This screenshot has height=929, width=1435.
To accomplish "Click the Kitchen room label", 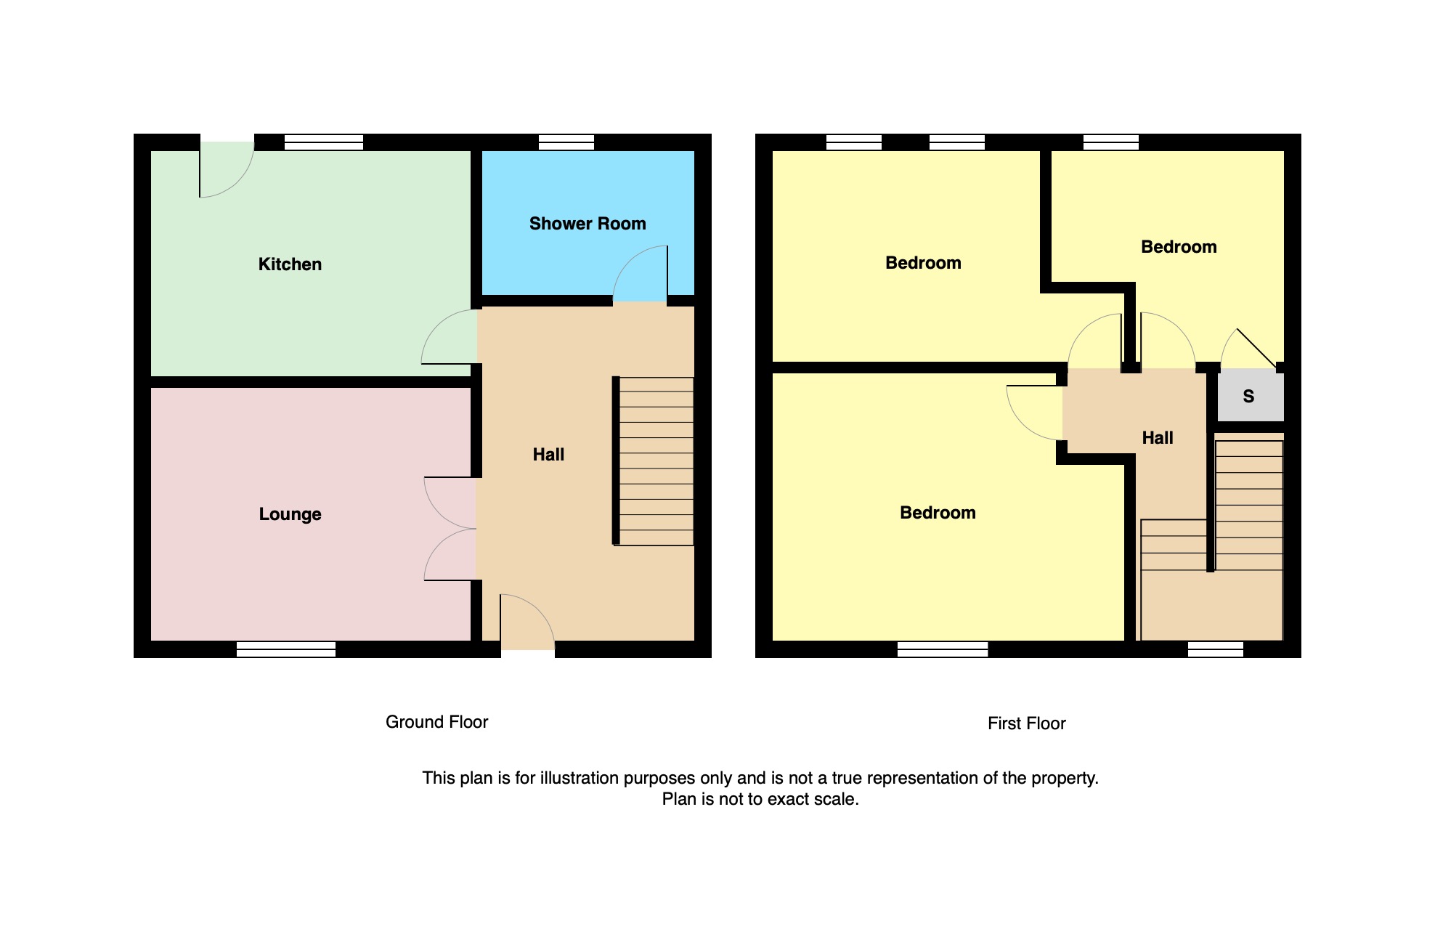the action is click(290, 264).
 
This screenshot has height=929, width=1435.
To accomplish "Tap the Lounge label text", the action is click(290, 514).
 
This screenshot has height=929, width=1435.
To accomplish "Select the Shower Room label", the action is click(588, 224).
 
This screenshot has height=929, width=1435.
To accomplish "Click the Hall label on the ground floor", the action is click(548, 455).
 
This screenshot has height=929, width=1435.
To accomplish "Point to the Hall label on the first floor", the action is click(1158, 438).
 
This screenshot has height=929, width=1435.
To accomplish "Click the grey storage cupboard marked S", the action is click(1249, 396).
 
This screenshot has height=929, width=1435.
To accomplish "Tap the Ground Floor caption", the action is click(436, 722).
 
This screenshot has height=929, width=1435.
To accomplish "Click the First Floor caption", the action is click(1026, 723).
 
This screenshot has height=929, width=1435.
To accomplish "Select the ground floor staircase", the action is click(654, 461).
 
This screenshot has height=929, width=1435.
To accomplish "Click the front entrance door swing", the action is click(528, 622).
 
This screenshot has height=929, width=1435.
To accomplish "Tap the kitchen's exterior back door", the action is click(227, 169).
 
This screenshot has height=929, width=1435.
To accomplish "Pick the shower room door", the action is click(640, 274).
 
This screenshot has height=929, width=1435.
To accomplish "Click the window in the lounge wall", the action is click(286, 649).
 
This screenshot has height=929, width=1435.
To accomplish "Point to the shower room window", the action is click(566, 142).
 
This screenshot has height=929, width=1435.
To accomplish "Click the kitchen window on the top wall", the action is click(324, 142).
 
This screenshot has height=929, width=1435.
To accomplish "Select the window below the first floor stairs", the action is click(1216, 649).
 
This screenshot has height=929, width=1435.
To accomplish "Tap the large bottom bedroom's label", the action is click(938, 513).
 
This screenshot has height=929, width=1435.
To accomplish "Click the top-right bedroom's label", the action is click(1179, 247).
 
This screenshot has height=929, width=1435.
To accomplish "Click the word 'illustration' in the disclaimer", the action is click(579, 778).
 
